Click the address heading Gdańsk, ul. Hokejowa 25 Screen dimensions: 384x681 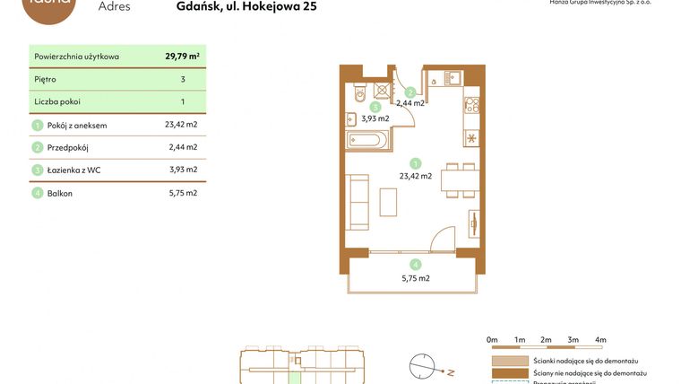tap(246, 7)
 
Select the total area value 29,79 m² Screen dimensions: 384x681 tap(182, 56)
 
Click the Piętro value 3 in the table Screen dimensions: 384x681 tap(182, 79)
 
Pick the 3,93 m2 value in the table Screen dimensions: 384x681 tap(183, 170)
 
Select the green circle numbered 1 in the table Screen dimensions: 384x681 tap(38, 125)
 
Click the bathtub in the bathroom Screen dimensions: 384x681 tap(366, 141)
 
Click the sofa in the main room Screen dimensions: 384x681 tap(358, 202)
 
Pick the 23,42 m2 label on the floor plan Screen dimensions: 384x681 tap(415, 177)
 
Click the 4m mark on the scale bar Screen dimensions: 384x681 tap(600, 340)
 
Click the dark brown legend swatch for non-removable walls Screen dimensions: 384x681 tap(503, 372)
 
